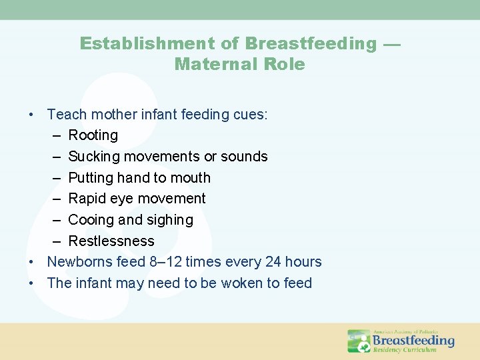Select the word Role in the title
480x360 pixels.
tap(283, 65)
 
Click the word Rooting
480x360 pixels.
tap(93, 135)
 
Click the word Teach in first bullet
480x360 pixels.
tap(67, 115)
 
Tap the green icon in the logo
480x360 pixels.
tap(359, 341)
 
